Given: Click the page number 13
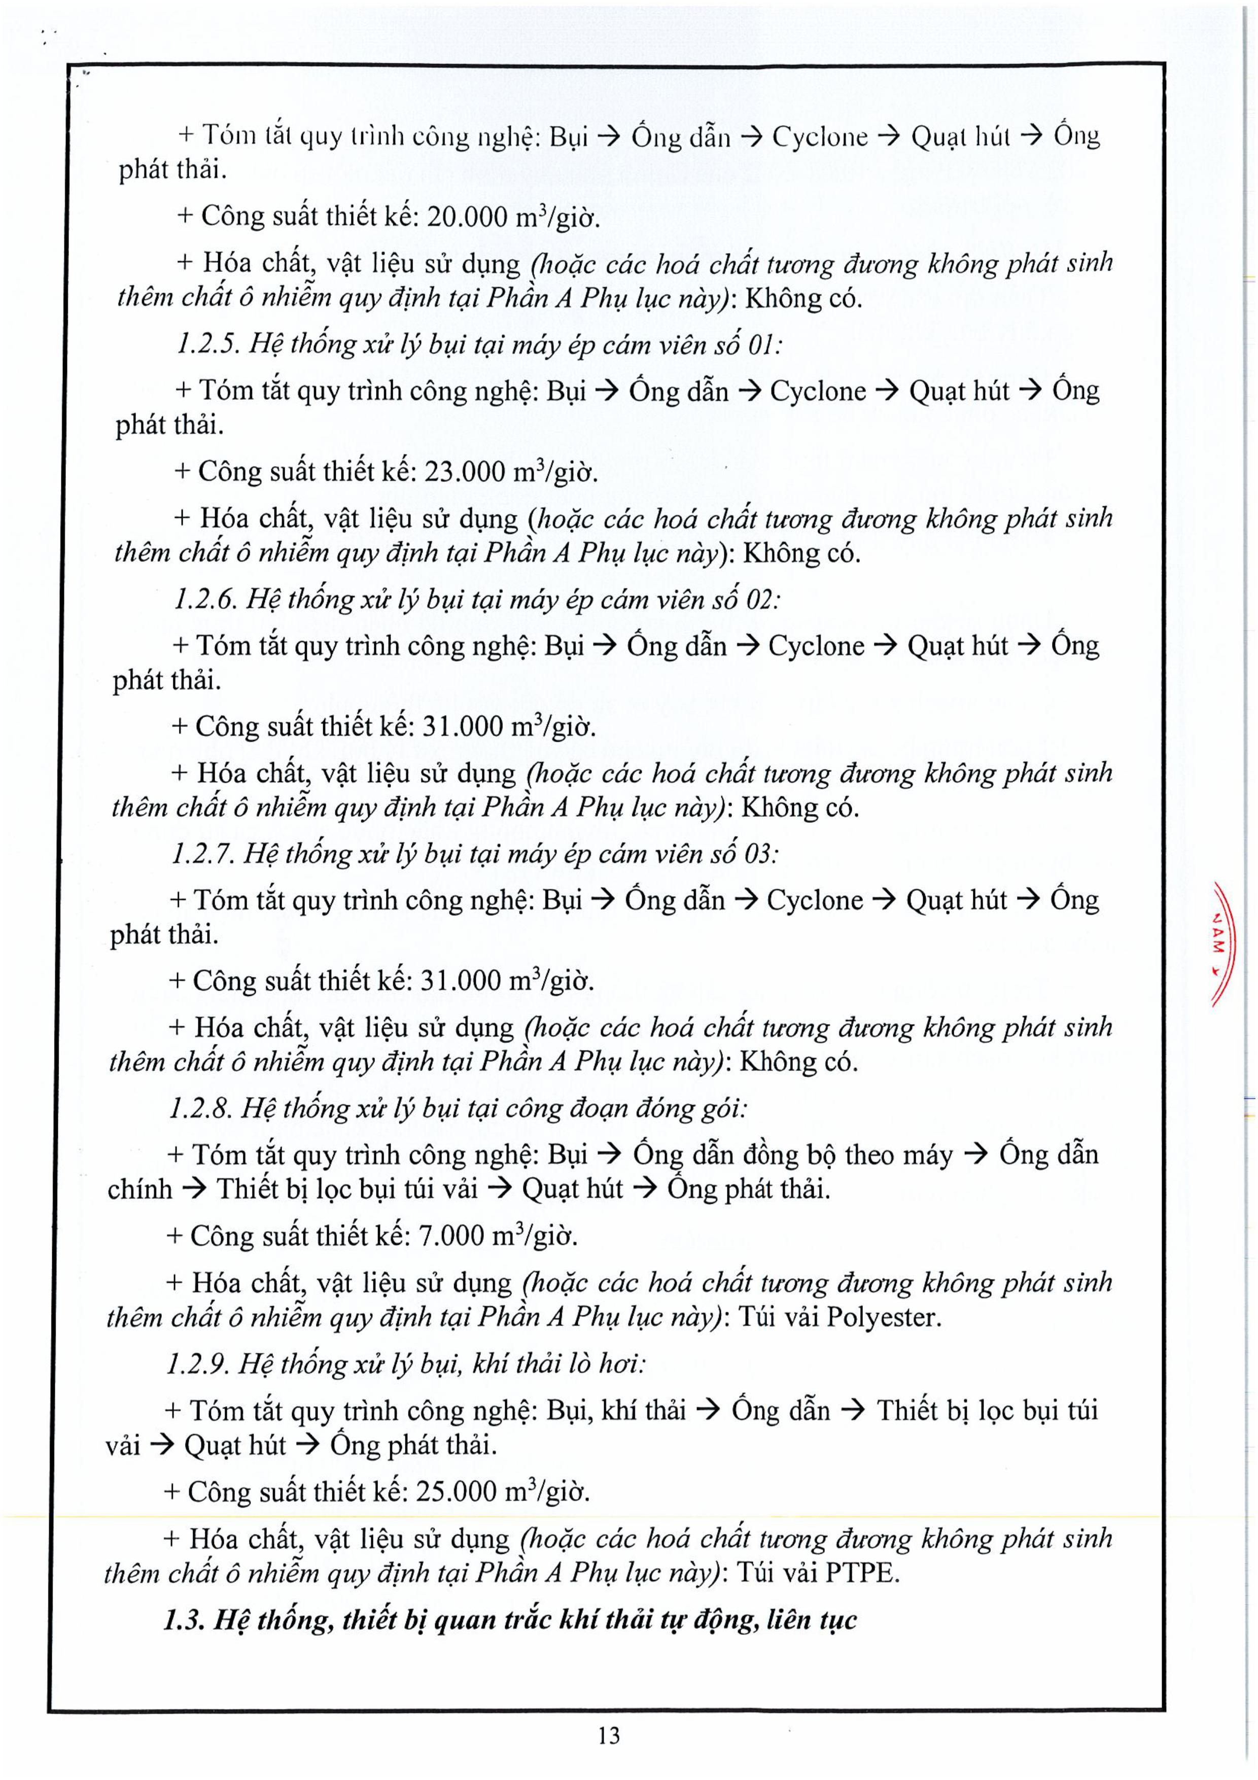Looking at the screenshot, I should (609, 1735).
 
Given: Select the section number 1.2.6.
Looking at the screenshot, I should (204, 599).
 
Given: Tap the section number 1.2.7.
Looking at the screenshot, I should (201, 854).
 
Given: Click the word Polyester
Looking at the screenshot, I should (883, 1317).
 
